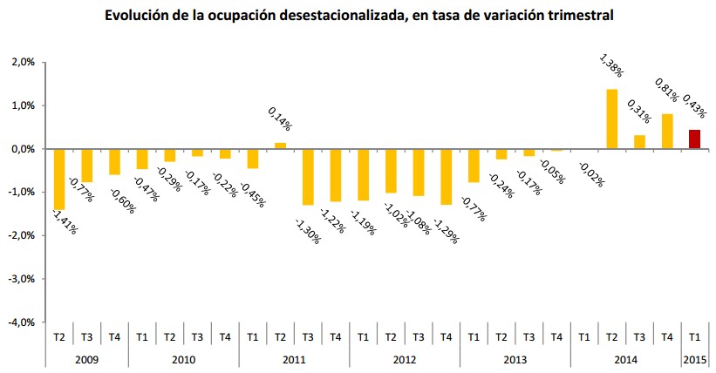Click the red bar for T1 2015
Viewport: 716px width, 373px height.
click(x=694, y=139)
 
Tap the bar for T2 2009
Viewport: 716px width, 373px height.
click(x=59, y=180)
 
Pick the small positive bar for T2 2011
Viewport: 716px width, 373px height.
click(x=280, y=146)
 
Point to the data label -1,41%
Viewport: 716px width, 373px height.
click(x=64, y=224)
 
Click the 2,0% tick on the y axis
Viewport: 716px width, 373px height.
click(x=22, y=63)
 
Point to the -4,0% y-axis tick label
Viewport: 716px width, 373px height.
click(x=20, y=322)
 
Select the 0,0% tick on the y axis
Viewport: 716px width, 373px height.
click(x=22, y=149)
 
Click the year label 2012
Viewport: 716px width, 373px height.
click(x=405, y=359)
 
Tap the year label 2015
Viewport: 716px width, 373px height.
click(x=694, y=359)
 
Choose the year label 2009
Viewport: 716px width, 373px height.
click(x=87, y=359)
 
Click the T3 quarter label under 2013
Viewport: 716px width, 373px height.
click(x=528, y=337)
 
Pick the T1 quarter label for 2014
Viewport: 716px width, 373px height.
click(x=583, y=337)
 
